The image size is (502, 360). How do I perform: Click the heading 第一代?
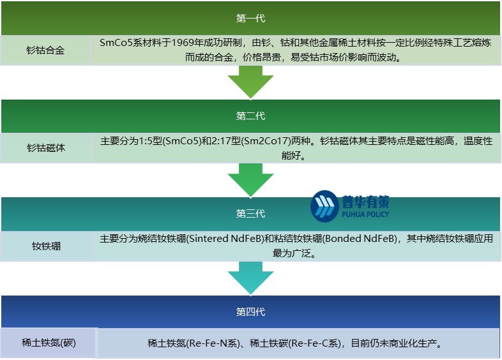pos(250,18)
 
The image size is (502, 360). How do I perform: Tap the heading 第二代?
pos(250,116)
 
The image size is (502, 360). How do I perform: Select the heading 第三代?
pos(250,213)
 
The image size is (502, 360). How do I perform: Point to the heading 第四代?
pos(250,312)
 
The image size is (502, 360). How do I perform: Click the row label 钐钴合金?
pos(45,50)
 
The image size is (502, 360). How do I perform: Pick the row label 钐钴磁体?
pos(45,147)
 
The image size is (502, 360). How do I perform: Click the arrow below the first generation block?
pos(250,81)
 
